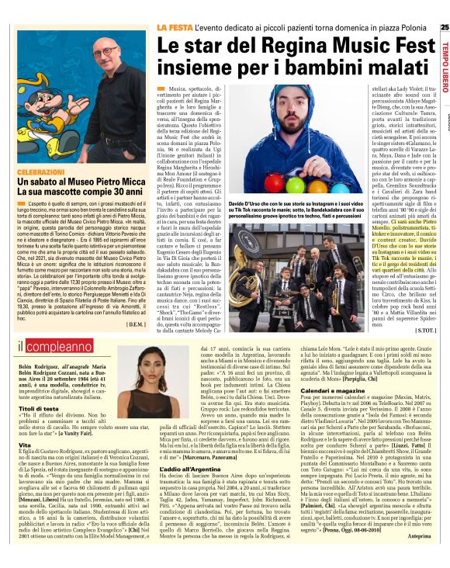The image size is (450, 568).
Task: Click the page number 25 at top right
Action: (443, 27)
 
